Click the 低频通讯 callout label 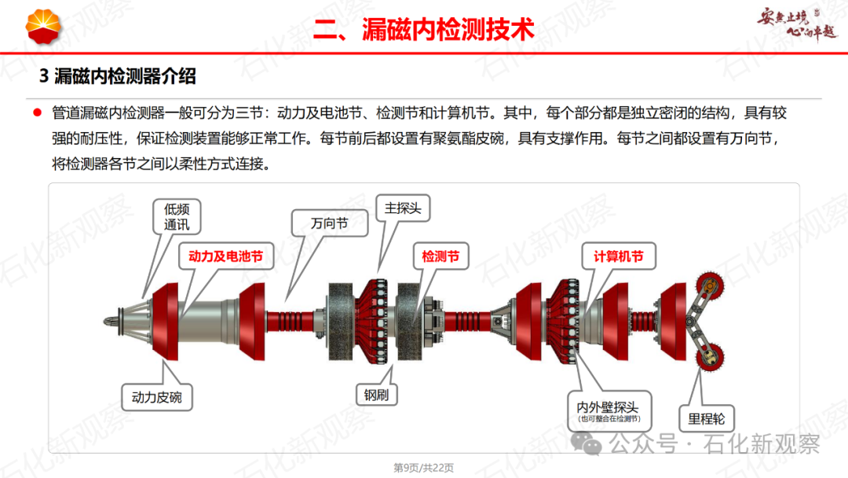pyautogui.click(x=177, y=216)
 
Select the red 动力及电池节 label pyautogui.click(x=225, y=256)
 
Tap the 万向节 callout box pyautogui.click(x=329, y=223)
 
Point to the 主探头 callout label pyautogui.click(x=403, y=208)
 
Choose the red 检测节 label pyautogui.click(x=440, y=256)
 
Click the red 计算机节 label pyautogui.click(x=619, y=256)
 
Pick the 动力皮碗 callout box pyautogui.click(x=157, y=397)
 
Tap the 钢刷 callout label pyautogui.click(x=376, y=395)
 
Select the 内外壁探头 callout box pyautogui.click(x=609, y=411)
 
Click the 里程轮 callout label pyautogui.click(x=707, y=418)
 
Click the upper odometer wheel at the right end pyautogui.click(x=710, y=285)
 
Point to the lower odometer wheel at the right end pyautogui.click(x=710, y=357)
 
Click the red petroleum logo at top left pyautogui.click(x=43, y=26)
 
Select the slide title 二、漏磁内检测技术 pyautogui.click(x=424, y=29)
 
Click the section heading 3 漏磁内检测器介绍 pyautogui.click(x=117, y=76)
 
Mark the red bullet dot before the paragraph pyautogui.click(x=38, y=112)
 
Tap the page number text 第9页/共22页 pyautogui.click(x=423, y=468)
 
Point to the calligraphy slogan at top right pyautogui.click(x=797, y=24)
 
